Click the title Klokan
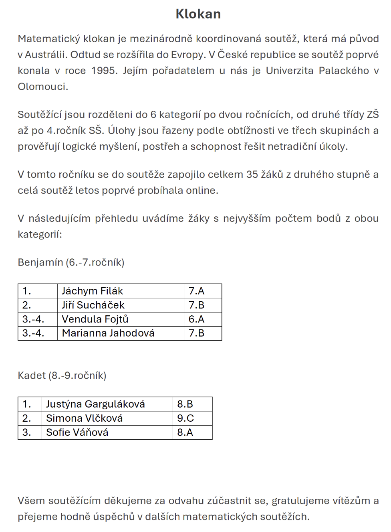198,14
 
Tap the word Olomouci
42,87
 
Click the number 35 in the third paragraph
252,175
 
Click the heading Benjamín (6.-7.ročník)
71,262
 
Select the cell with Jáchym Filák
93,291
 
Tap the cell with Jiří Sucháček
93,305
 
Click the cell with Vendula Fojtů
95,319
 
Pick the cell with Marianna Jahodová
108,333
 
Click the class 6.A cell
196,319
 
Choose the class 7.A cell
196,291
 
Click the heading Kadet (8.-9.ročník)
62,376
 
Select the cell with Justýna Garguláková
95,404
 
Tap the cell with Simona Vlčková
84,418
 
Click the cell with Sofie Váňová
77,432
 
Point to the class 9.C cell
185,418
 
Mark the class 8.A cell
185,432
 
